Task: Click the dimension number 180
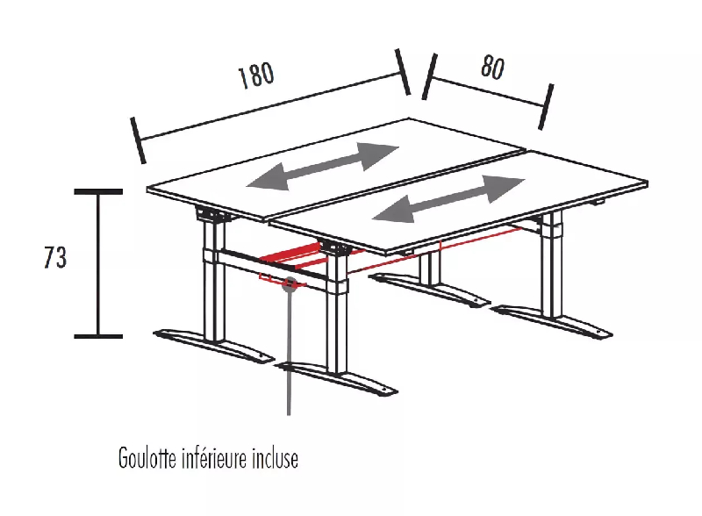(255, 76)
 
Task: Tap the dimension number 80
(491, 68)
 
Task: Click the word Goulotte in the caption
(147, 458)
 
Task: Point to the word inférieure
(215, 458)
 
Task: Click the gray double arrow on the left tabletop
(323, 167)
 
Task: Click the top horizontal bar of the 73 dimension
(97, 190)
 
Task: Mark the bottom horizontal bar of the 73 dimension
(97, 335)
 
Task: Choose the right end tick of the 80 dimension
(546, 106)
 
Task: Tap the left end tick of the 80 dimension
(428, 75)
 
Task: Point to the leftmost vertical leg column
(211, 281)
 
